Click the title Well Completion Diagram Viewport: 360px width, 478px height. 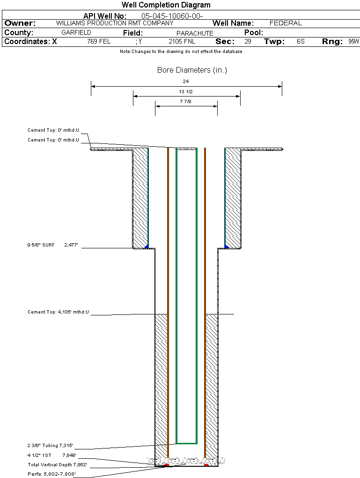pos(166,5)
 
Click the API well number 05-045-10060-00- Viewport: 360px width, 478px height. pos(172,16)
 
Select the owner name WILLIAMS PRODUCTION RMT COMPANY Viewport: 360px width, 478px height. pos(114,23)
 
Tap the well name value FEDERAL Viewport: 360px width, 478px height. pos(286,23)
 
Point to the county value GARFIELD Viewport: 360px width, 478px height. pos(76,33)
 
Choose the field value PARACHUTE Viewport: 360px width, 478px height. pos(195,33)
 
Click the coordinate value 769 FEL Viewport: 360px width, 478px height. pos(99,42)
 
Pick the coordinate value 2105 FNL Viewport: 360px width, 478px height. pos(182,42)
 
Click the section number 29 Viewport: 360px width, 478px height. pos(248,42)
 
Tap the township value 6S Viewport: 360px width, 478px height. pos(301,42)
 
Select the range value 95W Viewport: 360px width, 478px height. pos(353,42)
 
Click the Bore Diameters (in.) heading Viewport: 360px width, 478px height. pos(192,70)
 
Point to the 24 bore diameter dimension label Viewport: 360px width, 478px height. pos(186,82)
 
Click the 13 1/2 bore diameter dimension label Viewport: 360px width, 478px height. pos(186,91)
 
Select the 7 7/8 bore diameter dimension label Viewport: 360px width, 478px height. pos(186,101)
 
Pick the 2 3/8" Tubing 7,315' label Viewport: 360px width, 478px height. pos(50,446)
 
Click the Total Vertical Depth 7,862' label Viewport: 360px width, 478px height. pos(57,465)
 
